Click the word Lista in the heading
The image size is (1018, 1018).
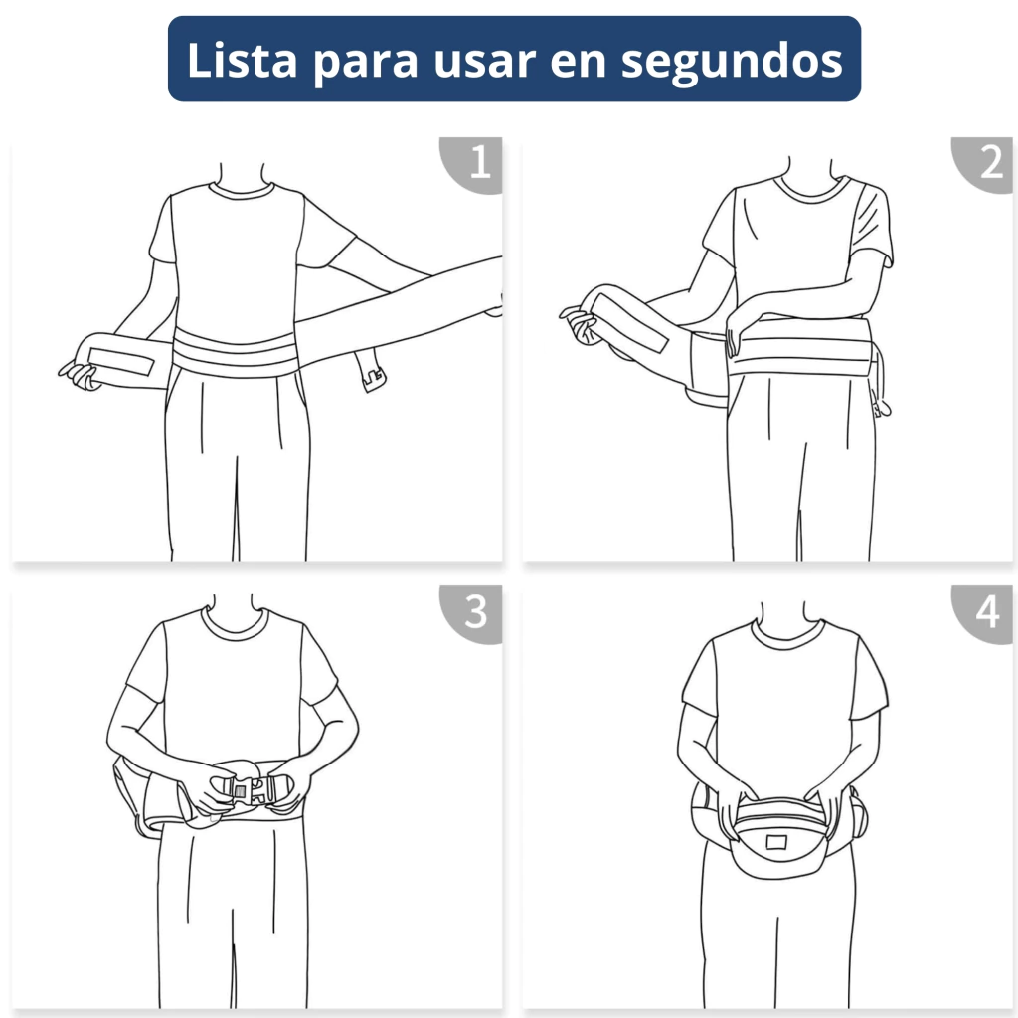pos(243,60)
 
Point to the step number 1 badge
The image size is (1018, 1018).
pos(477,162)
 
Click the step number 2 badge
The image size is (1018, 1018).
pos(987,162)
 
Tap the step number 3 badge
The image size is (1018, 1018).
pos(477,611)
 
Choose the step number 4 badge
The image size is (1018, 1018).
pos(987,611)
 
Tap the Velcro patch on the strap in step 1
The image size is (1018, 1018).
pos(120,360)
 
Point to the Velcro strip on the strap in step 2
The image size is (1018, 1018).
pos(629,322)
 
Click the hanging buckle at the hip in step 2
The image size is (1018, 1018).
pos(881,406)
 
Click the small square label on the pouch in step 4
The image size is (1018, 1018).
pos(776,842)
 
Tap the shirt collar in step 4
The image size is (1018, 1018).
pos(787,634)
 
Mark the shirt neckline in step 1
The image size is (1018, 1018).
pos(242,190)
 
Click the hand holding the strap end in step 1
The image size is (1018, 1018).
pos(80,375)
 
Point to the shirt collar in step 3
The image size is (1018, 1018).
pos(235,623)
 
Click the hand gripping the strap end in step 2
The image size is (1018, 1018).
pos(580,323)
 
